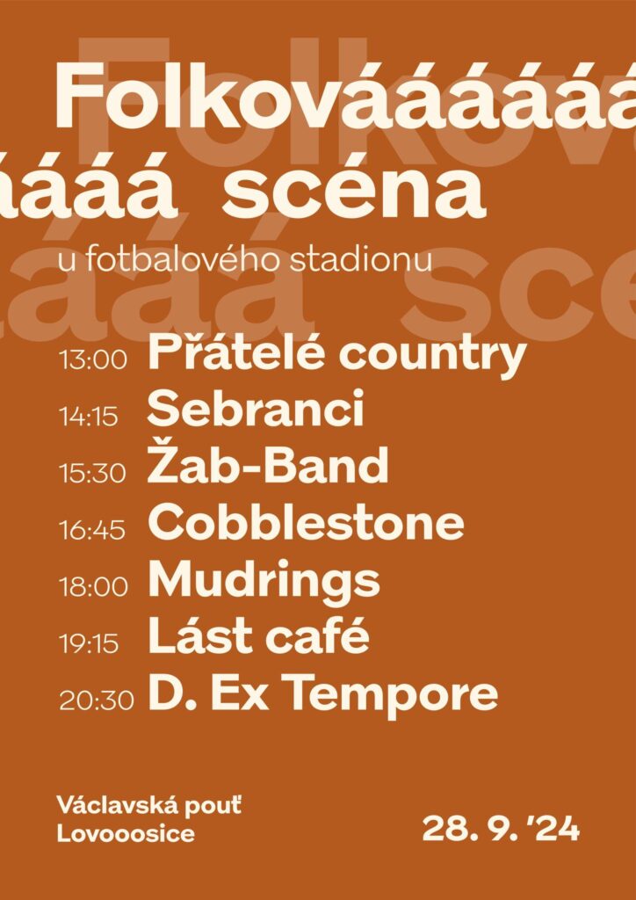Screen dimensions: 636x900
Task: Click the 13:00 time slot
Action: pos(93,361)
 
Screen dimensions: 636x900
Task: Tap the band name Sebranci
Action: pos(256,408)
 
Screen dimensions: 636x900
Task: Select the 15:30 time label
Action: pos(92,474)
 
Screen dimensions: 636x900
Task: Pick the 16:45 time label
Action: pos(91,531)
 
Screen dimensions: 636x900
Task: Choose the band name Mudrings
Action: pos(264,582)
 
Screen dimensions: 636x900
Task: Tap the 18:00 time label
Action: pos(93,587)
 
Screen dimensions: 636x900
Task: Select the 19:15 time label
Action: pos(89,644)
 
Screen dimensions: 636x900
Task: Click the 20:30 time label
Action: pos(97,701)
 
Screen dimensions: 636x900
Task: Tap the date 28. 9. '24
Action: pos(501,830)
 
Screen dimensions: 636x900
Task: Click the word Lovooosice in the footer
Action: pos(126,834)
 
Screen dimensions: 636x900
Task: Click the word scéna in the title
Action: pos(354,191)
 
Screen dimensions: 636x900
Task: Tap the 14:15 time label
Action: pos(89,417)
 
